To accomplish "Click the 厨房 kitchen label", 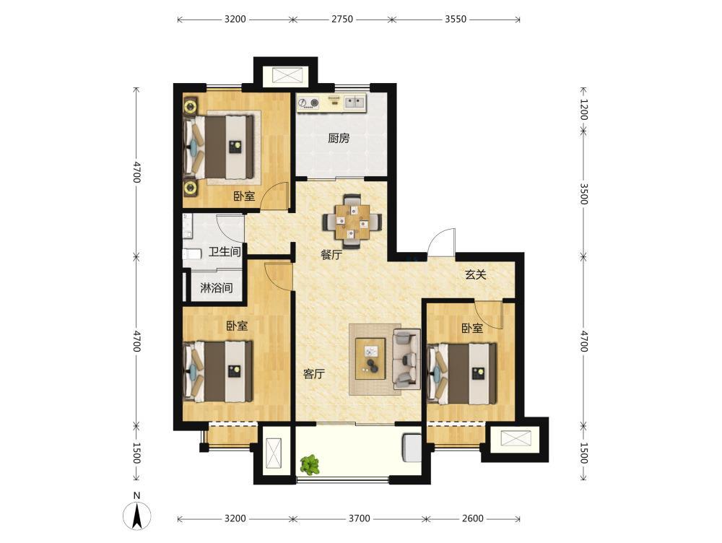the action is (339, 138).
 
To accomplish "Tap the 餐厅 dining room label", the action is (331, 255).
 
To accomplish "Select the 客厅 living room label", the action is (314, 373).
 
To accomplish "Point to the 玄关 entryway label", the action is (476, 274).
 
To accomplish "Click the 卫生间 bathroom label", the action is (225, 251).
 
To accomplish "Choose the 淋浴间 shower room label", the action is (216, 288).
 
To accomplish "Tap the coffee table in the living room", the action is (370, 358).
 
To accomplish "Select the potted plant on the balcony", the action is (310, 465).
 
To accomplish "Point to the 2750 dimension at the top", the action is (342, 19).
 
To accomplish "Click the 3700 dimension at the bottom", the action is (359, 518).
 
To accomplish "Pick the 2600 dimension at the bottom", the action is (473, 518).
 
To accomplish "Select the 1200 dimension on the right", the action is (583, 110).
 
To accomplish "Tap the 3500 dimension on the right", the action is (583, 194).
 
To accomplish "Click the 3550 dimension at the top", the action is (456, 19).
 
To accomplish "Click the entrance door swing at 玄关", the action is (440, 242).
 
